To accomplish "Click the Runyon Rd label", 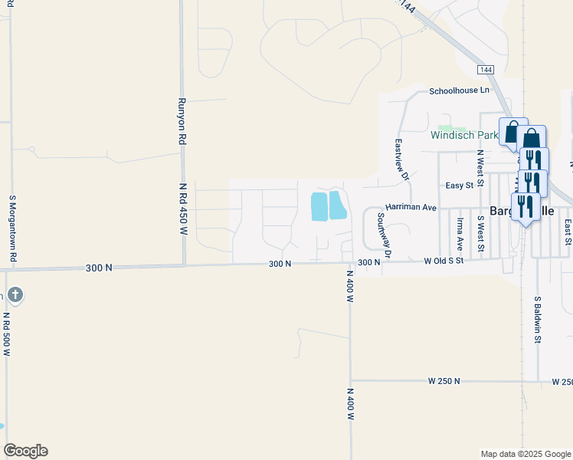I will click(x=182, y=122).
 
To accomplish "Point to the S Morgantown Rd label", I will click(x=13, y=230).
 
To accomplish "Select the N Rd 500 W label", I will click(x=6, y=333).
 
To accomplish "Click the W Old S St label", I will click(x=444, y=261).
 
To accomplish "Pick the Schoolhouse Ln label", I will click(x=459, y=90).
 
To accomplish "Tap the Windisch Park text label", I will click(x=464, y=135).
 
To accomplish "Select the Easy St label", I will click(x=461, y=186).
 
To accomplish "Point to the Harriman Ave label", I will click(x=411, y=207).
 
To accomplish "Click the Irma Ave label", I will click(x=460, y=234).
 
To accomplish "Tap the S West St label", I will click(x=480, y=233).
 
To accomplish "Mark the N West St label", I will click(x=480, y=168).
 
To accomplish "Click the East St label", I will click(x=568, y=232).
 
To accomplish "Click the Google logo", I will click(x=25, y=451).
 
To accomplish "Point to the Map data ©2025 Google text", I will click(x=525, y=454).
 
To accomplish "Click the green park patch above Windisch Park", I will click(x=445, y=127).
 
